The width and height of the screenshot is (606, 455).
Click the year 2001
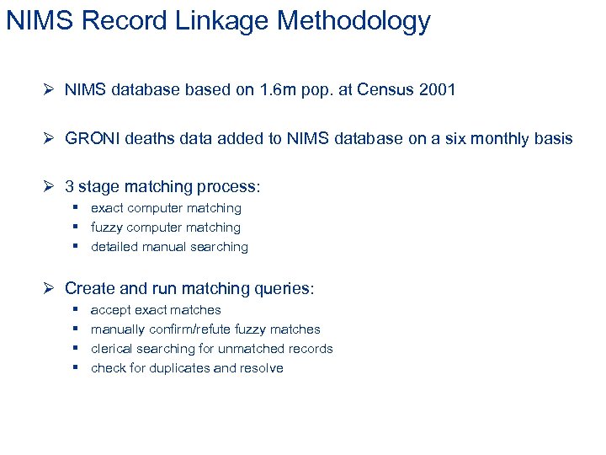(x=436, y=89)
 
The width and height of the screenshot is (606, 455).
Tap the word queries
(x=284, y=288)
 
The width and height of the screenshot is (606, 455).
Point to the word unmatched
(x=252, y=349)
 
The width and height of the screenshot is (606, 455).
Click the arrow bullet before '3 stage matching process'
(x=50, y=187)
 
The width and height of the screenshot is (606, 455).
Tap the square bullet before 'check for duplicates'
(x=75, y=367)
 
